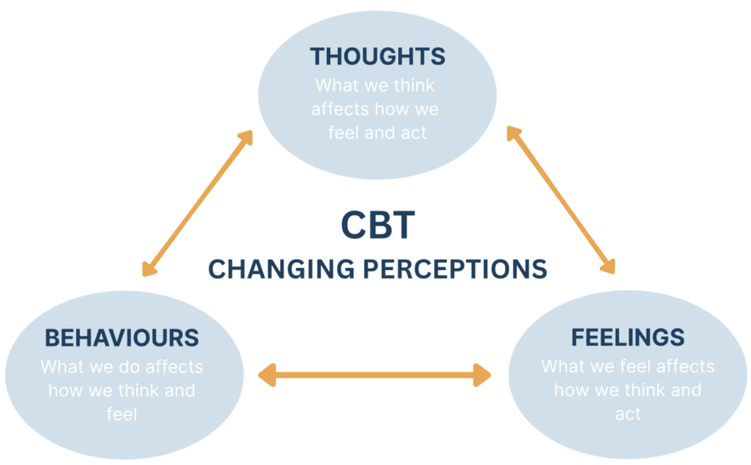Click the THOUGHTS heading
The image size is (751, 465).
coord(378,56)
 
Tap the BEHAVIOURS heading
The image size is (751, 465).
coord(122,338)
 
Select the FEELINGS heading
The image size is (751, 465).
coord(627,337)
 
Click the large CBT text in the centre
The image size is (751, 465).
coord(378,225)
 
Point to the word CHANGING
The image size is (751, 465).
coord(281,269)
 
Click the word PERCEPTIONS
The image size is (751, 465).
coord(455,269)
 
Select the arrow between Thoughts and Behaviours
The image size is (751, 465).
coord(197,203)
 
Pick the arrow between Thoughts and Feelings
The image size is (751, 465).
coord(561,200)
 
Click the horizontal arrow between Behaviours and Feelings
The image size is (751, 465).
coord(374,375)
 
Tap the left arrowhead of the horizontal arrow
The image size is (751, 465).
coord(267,375)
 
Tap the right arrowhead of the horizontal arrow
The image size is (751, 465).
coord(482,375)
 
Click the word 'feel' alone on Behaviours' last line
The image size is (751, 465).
coord(122,414)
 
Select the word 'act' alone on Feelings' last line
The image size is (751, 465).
coord(627,414)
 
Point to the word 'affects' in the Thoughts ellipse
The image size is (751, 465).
coord(340,109)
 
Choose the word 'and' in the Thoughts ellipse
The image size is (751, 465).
coord(380,133)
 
